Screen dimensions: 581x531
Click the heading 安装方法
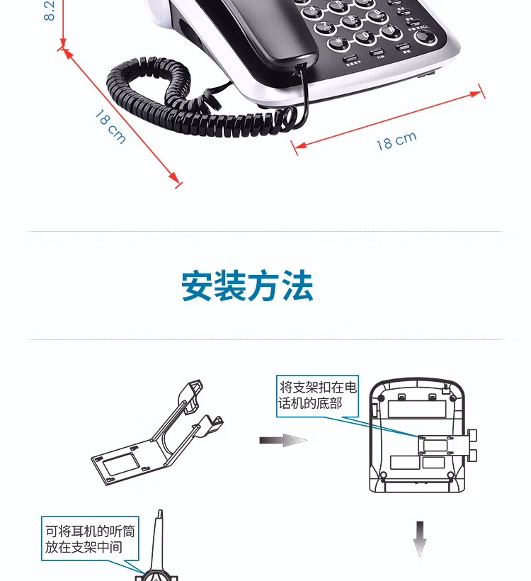(x=247, y=287)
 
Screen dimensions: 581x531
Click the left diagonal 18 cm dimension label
(x=110, y=126)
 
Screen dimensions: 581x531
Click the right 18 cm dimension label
(x=396, y=141)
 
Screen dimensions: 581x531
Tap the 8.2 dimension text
(x=50, y=11)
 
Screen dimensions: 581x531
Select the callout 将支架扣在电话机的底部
(x=318, y=395)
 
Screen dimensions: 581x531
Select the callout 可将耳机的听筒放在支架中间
(x=89, y=538)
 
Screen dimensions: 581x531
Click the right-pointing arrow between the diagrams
(x=283, y=441)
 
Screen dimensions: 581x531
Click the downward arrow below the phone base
(x=420, y=538)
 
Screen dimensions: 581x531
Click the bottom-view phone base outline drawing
(x=418, y=436)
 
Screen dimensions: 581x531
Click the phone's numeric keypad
(x=354, y=25)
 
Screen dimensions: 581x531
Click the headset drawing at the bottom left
(x=159, y=560)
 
